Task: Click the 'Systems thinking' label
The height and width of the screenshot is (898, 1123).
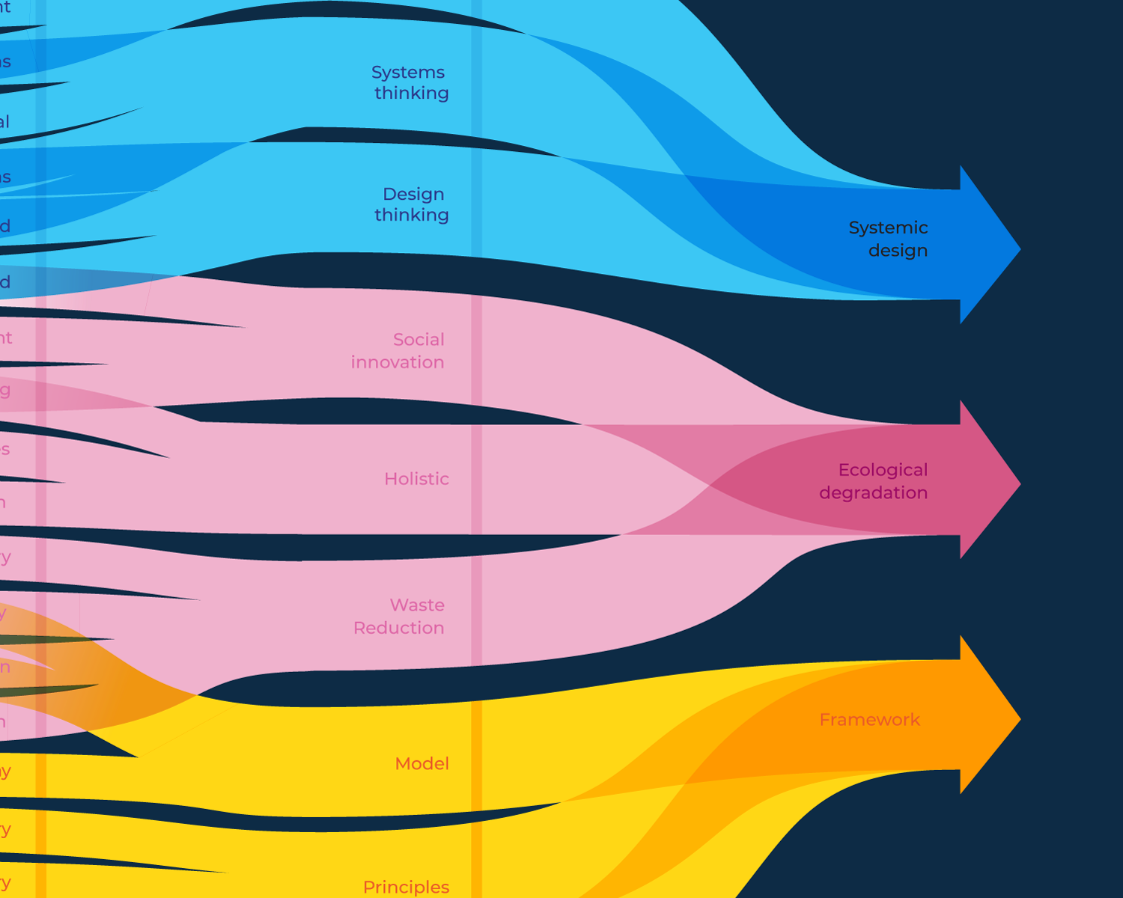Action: tap(410, 82)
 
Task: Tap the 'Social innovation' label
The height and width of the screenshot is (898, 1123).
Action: tap(398, 350)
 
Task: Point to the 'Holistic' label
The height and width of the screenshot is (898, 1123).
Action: tap(416, 479)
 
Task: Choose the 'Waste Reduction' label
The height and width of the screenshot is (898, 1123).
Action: tap(399, 616)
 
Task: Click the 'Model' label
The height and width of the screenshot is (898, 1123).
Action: tap(422, 763)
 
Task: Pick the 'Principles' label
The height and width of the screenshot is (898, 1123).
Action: tap(406, 887)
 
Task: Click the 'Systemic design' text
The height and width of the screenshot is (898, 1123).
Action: tap(889, 239)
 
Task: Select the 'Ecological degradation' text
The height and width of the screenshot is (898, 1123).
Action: tap(874, 481)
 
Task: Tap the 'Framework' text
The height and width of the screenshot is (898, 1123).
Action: tap(869, 719)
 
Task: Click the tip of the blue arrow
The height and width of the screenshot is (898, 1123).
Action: tap(1019, 249)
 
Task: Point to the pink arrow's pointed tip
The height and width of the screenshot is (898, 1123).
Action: tap(1019, 483)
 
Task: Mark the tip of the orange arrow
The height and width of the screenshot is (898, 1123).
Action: tap(1019, 718)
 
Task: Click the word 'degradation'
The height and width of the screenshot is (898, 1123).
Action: tap(873, 493)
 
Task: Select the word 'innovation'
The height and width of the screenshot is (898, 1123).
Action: tap(398, 362)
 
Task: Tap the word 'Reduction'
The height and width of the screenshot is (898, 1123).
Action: tap(399, 628)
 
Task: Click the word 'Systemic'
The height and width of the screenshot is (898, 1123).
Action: tap(888, 227)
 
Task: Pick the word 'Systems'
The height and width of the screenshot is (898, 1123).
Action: tap(408, 73)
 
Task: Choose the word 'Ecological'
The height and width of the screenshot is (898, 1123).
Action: tap(883, 470)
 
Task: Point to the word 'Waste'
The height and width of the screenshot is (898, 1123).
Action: tap(417, 605)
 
